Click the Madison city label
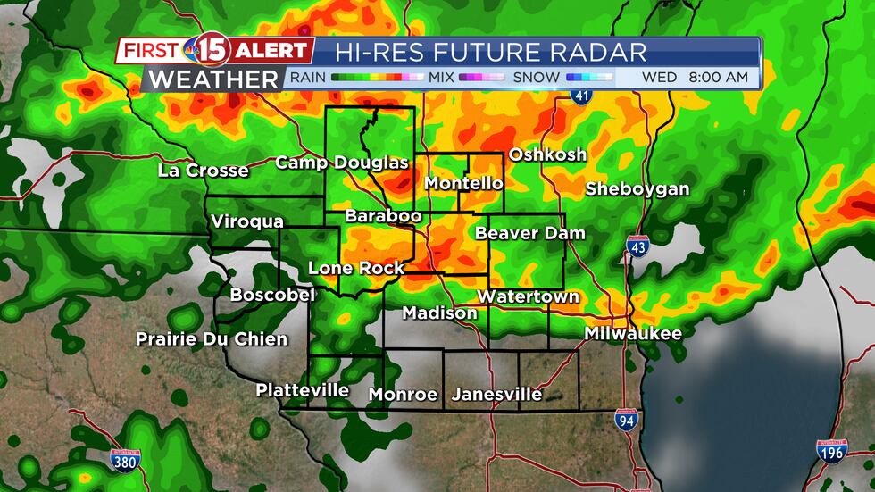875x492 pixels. [439, 313]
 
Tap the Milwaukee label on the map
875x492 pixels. [633, 334]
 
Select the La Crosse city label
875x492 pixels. [203, 171]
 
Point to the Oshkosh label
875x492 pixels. [547, 154]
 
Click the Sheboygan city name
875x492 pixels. [637, 189]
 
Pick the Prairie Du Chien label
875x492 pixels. [212, 339]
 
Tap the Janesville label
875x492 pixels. [496, 394]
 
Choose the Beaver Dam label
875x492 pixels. [530, 234]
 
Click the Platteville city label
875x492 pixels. [303, 390]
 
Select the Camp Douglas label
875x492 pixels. [341, 163]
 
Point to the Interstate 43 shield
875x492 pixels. [637, 247]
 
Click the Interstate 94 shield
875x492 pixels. [625, 419]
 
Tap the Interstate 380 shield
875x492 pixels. [124, 460]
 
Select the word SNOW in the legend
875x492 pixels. [537, 78]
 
